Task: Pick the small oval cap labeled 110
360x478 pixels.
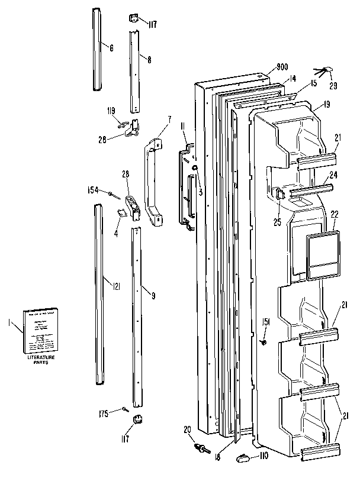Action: (x=243, y=456)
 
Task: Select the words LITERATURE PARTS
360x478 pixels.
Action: (x=40, y=360)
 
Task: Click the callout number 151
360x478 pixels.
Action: (x=266, y=322)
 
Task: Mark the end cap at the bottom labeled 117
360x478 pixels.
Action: (x=138, y=420)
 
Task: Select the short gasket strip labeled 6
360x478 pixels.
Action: (x=97, y=49)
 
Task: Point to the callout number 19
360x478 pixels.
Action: (x=326, y=106)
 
